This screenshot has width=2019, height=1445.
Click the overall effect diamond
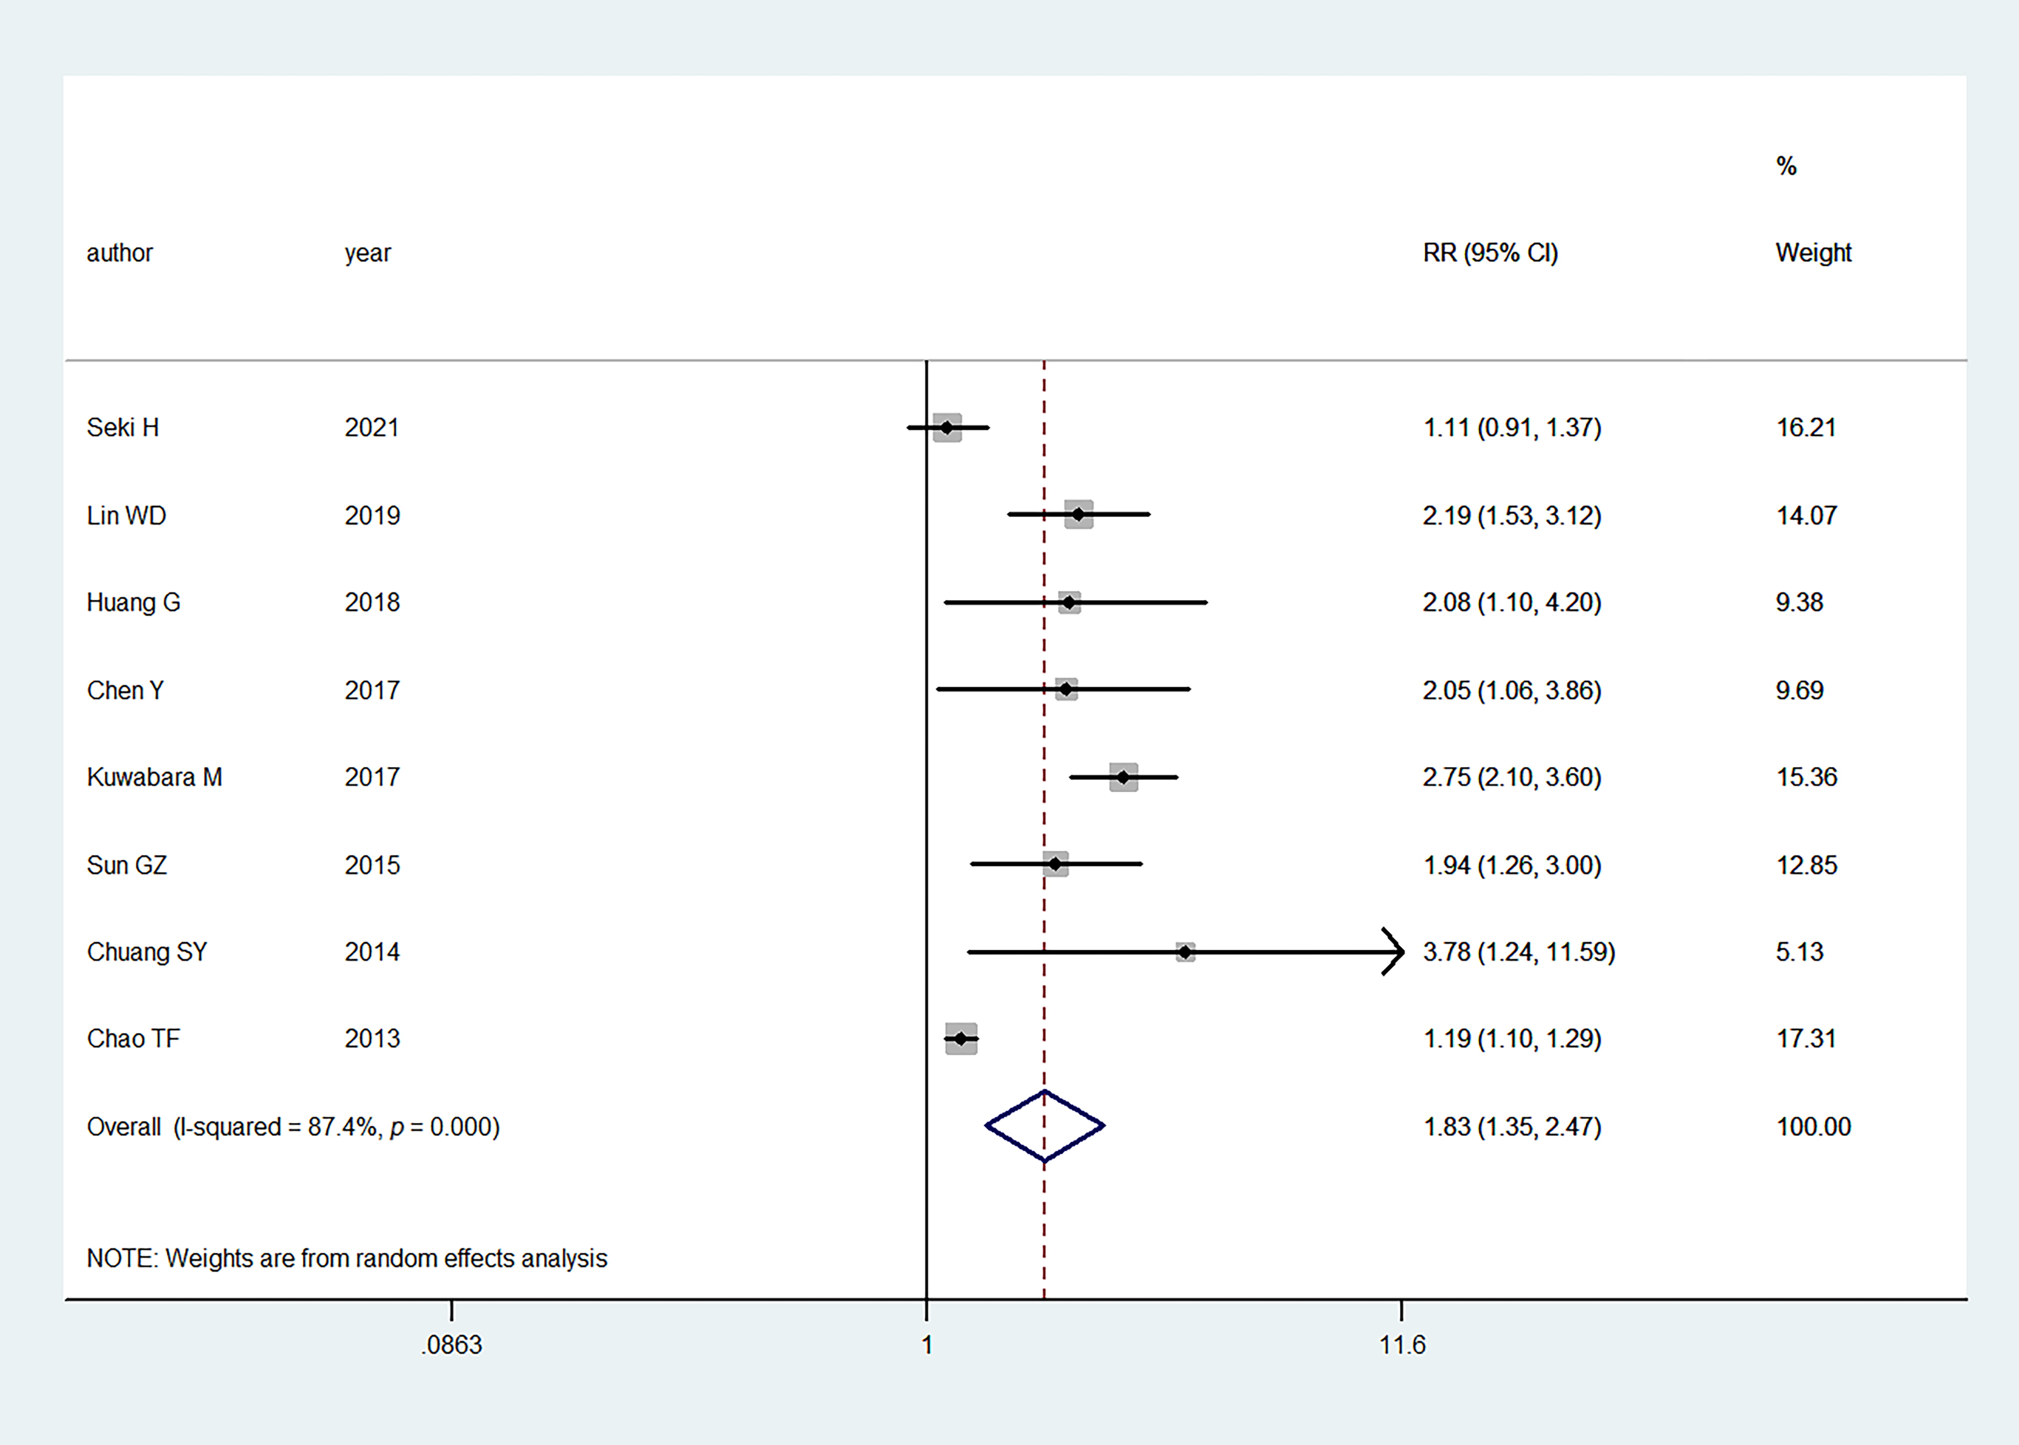[1044, 1126]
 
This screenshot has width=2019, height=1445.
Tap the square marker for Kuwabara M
[1123, 777]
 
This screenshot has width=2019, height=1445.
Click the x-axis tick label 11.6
[1402, 1344]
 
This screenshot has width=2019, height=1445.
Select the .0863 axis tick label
[451, 1344]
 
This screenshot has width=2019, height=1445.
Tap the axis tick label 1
[926, 1344]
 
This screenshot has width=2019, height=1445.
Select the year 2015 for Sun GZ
[372, 865]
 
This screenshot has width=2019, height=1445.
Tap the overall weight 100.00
[1813, 1126]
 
